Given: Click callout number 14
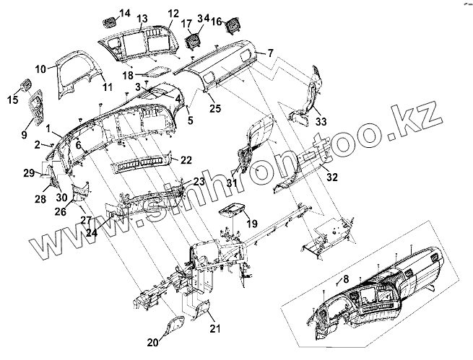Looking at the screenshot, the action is coord(125,14).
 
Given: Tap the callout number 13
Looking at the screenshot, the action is coord(142,18).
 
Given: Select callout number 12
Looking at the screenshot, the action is coord(173,14).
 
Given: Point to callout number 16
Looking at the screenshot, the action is coord(215,22).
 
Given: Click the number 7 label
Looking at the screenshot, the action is coord(270,53).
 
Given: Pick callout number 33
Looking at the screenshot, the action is coord(321,121).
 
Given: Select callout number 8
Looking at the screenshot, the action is coord(346,278).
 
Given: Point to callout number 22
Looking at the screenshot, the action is coord(186,159).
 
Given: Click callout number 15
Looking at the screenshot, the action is coord(12,98).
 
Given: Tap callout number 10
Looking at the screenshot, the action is coord(40,68).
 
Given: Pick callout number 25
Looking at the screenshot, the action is coord(214,108).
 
